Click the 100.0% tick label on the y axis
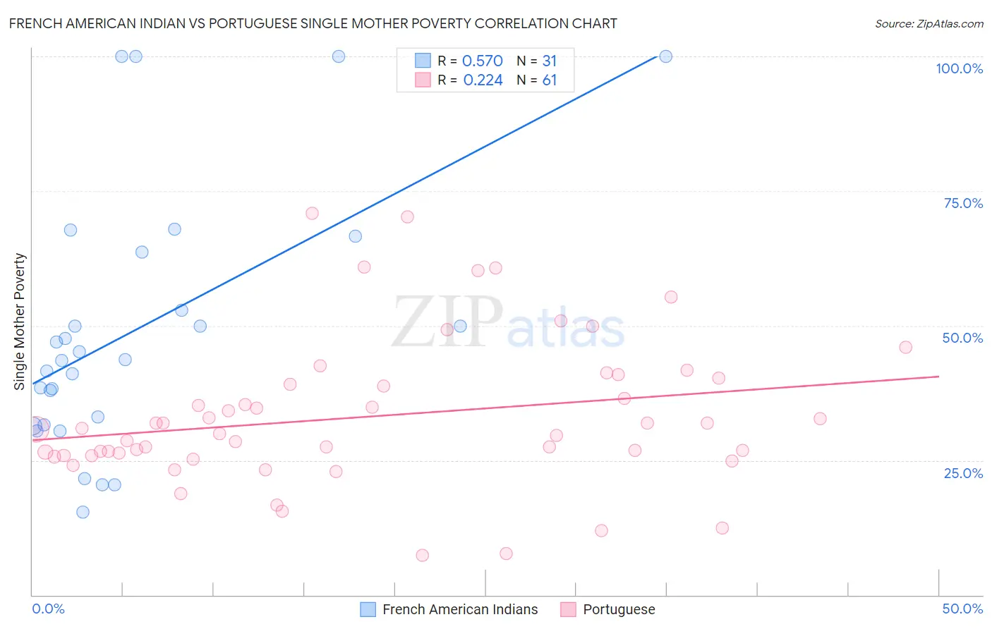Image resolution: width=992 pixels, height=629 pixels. point(959,68)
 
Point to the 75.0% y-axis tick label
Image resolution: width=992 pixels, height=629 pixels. point(963,203)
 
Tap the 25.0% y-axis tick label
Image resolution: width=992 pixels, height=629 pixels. point(963,472)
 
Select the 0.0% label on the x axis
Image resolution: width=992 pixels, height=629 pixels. point(48,609)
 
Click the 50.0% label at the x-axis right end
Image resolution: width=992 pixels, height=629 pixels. point(962,609)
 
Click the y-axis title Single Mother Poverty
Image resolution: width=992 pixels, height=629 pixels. point(20,322)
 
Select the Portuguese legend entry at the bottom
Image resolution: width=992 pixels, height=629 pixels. point(619,609)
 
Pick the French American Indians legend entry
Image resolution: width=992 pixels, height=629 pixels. point(460,609)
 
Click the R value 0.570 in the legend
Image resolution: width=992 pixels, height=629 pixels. point(483,61)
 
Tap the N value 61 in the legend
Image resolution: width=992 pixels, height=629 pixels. point(550,80)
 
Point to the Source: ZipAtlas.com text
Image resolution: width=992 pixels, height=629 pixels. point(929,23)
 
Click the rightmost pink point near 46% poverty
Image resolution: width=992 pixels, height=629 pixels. point(905,347)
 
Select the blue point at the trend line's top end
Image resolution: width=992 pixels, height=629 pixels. point(665,56)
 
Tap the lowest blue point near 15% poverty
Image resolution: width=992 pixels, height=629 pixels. point(83,512)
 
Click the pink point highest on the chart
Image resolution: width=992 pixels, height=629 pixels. point(312,213)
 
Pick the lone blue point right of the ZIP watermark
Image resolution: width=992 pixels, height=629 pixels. point(460,326)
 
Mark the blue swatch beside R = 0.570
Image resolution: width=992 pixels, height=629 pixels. point(423,61)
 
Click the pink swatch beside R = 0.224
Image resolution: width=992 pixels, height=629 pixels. point(423,80)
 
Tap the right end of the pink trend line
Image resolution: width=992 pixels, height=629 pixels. point(938,377)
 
